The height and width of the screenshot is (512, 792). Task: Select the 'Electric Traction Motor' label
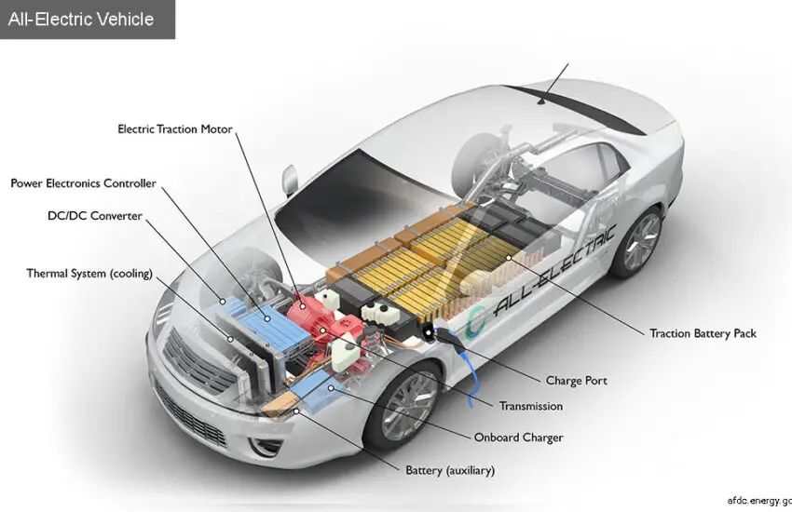[x=174, y=128]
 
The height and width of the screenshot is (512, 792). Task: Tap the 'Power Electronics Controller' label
[x=84, y=183]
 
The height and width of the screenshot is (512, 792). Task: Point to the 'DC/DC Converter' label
[x=95, y=216]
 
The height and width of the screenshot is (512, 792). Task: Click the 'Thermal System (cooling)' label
[x=89, y=274]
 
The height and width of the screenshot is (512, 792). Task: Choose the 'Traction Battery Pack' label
[x=703, y=332]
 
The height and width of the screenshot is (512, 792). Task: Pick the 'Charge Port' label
[x=576, y=380]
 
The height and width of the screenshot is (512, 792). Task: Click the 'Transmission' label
[x=531, y=406]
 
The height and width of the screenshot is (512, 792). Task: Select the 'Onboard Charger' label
[x=518, y=437]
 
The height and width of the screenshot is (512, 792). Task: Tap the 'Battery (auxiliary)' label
[x=450, y=469]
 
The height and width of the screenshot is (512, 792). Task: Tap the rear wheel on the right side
[x=639, y=239]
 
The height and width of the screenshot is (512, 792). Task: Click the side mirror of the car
[x=289, y=177]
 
